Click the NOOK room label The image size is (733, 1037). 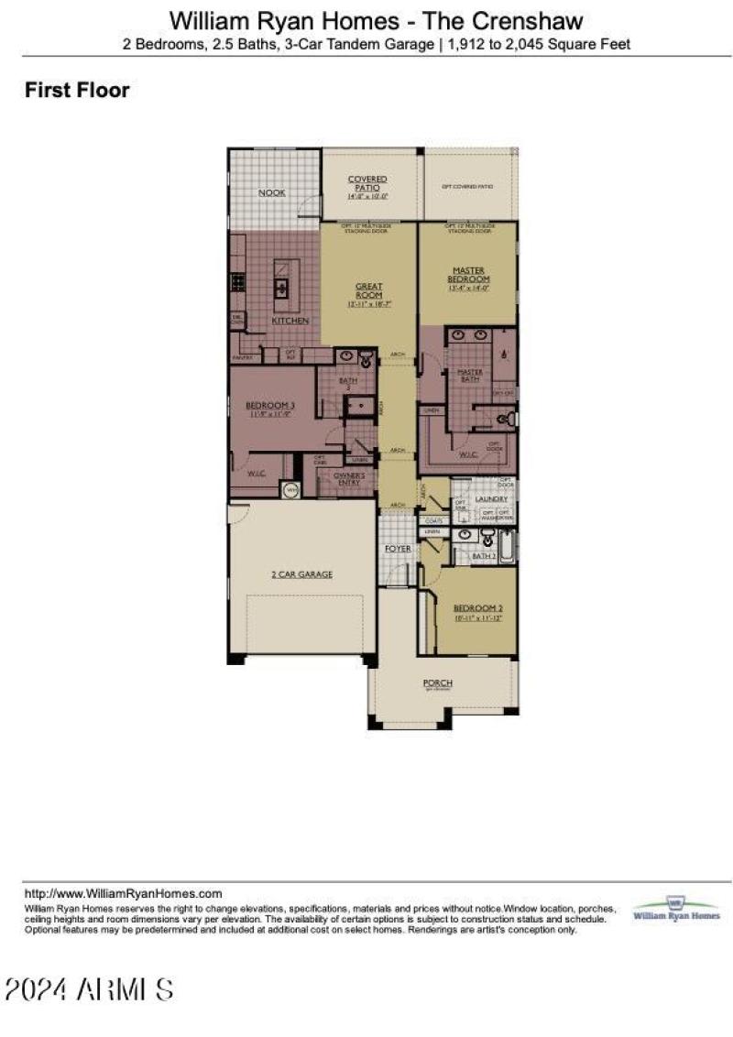pos(272,193)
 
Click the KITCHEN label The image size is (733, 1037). pos(290,322)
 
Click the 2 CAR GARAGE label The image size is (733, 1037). pos(301,574)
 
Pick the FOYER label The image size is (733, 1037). pos(398,548)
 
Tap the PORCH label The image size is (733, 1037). pos(437,684)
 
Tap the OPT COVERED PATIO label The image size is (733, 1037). pos(467,186)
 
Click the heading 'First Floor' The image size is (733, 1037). pos(77,90)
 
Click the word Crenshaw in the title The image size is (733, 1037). pos(537,19)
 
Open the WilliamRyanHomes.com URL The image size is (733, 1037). pos(124,893)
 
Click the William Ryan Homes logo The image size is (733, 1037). pos(676,909)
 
